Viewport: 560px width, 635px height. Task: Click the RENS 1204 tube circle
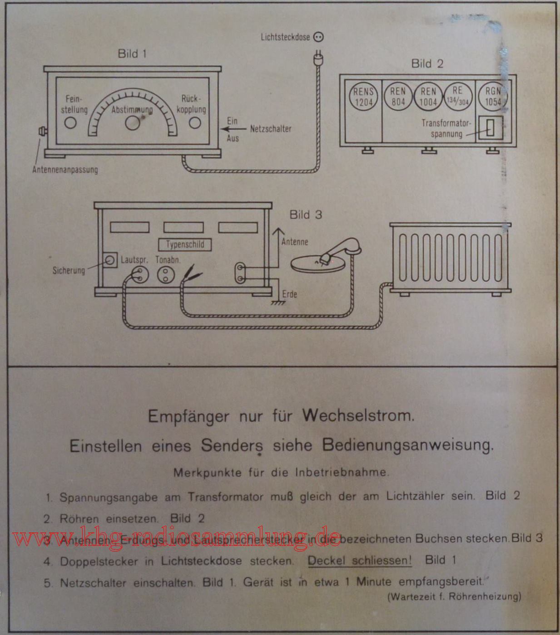point(363,97)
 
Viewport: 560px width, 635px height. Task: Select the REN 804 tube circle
point(398,97)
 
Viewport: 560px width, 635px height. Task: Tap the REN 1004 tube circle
point(428,97)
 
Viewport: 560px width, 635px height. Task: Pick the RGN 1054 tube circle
point(493,97)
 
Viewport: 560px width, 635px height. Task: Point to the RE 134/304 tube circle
point(458,96)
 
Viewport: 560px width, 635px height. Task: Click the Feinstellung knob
point(70,122)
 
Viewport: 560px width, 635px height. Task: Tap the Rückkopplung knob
point(194,122)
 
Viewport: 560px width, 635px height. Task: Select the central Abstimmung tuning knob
point(132,122)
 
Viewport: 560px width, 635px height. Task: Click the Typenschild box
point(185,244)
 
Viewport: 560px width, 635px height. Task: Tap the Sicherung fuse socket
point(109,260)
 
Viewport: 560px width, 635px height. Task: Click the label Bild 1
point(132,54)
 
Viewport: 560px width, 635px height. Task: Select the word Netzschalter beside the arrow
point(271,129)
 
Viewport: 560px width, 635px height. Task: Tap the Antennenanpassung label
point(65,170)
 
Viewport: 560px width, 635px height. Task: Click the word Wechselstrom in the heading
point(358,415)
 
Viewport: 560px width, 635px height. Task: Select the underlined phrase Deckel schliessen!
point(360,560)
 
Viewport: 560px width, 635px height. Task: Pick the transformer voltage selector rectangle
point(490,128)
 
